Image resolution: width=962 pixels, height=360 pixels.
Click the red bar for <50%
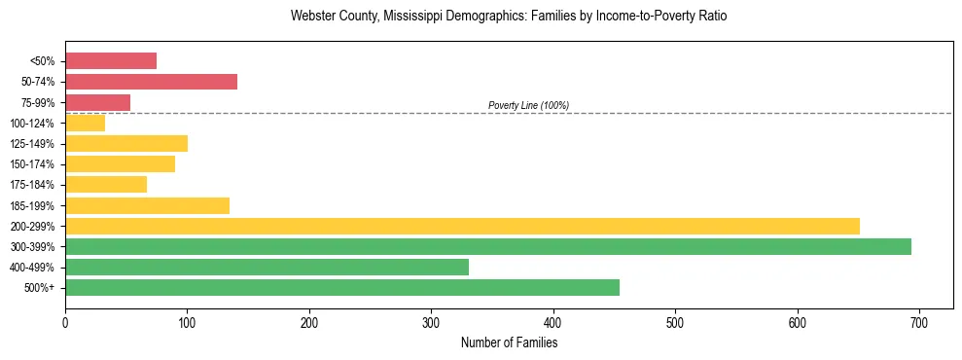tap(111, 60)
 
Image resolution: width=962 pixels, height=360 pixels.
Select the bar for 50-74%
tap(151, 82)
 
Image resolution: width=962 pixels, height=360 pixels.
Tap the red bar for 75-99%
tap(97, 102)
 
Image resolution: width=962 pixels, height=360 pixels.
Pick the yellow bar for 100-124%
tap(85, 123)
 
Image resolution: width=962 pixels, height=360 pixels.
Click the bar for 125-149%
tap(126, 143)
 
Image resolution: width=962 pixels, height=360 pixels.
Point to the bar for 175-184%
tap(106, 185)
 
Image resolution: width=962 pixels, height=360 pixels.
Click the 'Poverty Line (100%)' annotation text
tap(528, 105)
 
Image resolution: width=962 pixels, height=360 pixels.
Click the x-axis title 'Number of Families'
tap(509, 342)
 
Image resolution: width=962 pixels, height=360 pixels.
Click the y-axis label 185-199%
tap(33, 205)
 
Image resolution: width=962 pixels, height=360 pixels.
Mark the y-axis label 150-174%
tap(33, 164)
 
